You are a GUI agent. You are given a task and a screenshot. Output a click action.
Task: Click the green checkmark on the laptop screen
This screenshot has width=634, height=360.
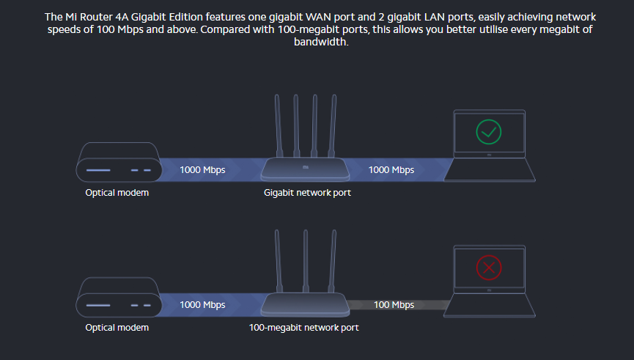point(488,133)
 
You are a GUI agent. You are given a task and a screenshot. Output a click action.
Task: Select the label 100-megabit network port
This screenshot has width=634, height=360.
point(304,327)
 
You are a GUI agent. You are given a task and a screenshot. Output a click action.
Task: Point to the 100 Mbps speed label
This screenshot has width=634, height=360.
point(394,304)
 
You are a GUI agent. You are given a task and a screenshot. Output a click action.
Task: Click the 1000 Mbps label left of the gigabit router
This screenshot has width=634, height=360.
point(203,170)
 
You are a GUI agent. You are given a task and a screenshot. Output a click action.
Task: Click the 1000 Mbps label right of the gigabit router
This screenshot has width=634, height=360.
point(391,170)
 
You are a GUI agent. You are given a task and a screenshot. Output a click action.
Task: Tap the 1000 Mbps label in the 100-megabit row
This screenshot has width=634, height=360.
point(203,304)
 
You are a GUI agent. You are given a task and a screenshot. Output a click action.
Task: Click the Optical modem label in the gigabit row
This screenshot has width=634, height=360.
point(117,193)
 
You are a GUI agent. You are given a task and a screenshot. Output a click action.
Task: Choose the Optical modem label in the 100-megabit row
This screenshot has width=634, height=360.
point(117,327)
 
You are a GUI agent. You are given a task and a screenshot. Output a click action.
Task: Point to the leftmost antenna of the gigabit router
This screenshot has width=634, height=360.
point(277,125)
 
